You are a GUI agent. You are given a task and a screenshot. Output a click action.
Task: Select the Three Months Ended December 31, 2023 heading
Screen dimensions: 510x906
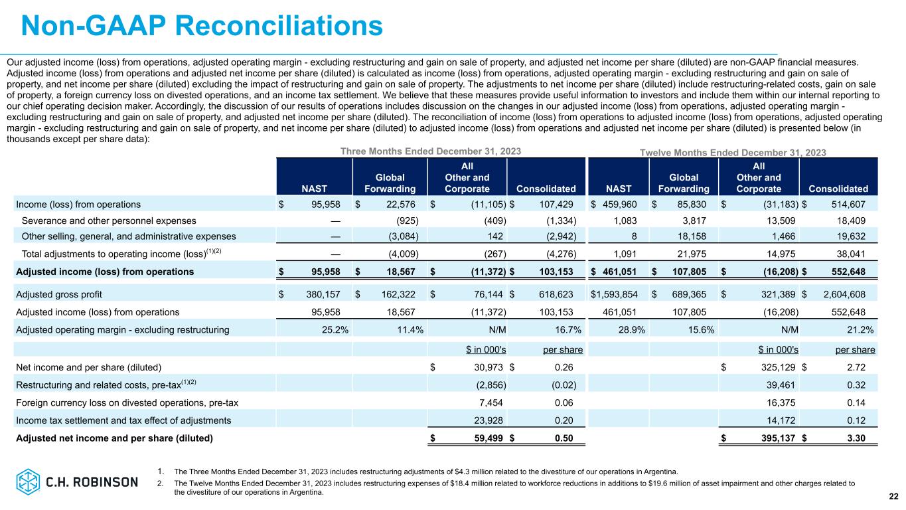pyautogui.click(x=431, y=151)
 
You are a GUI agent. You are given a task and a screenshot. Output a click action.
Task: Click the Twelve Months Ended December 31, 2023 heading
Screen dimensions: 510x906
pyautogui.click(x=733, y=153)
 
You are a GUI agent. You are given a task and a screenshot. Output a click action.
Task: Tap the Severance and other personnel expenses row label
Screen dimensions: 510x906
pyautogui.click(x=109, y=220)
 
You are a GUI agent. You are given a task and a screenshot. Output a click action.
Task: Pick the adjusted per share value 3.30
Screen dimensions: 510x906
pyautogui.click(x=865, y=438)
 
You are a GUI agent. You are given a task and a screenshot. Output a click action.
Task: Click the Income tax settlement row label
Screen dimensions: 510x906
pyautogui.click(x=123, y=420)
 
